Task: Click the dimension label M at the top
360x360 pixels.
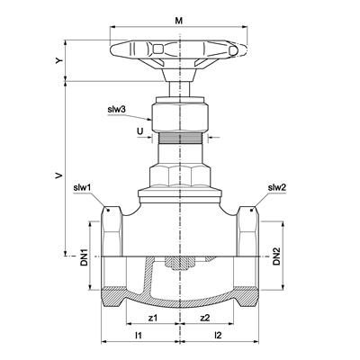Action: coord(179,21)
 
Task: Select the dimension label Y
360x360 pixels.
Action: coord(59,60)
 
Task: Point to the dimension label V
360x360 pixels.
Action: coord(59,175)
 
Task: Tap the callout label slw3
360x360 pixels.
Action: coord(116,110)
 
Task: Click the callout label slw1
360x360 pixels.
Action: coord(82,188)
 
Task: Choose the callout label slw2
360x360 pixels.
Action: coord(277,188)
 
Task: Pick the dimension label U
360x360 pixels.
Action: coord(139,130)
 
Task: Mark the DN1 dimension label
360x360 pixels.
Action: coord(84,256)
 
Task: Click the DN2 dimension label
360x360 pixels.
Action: coord(276,256)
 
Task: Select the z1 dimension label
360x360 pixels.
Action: coord(153,318)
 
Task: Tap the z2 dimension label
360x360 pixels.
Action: coord(205,318)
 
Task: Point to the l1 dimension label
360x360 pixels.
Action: coord(139,336)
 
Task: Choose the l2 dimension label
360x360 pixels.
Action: coord(218,336)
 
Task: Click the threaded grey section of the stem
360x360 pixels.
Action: coord(179,138)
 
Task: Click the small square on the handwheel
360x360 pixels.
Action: coord(158,49)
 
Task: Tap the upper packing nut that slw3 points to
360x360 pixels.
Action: coord(179,117)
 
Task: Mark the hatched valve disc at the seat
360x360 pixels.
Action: coord(180,264)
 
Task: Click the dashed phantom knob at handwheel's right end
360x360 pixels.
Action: coord(239,49)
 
